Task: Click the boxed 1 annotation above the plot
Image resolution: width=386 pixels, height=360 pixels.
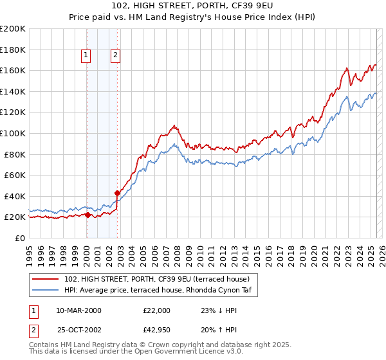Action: click(x=86, y=56)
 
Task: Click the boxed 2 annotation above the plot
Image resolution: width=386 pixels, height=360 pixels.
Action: click(x=115, y=56)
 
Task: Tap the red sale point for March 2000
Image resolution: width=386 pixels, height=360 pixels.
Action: click(x=87, y=215)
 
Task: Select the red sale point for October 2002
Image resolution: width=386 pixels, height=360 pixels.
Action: click(x=117, y=193)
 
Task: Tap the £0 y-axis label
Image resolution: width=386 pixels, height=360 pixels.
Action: click(x=20, y=238)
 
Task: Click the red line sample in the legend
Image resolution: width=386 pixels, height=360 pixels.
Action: click(x=46, y=279)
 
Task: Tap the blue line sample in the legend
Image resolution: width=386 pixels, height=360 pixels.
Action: click(x=46, y=290)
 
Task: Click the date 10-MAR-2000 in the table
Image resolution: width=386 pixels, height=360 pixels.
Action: click(x=78, y=310)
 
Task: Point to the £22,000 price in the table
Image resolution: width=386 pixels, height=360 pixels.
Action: click(x=156, y=310)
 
